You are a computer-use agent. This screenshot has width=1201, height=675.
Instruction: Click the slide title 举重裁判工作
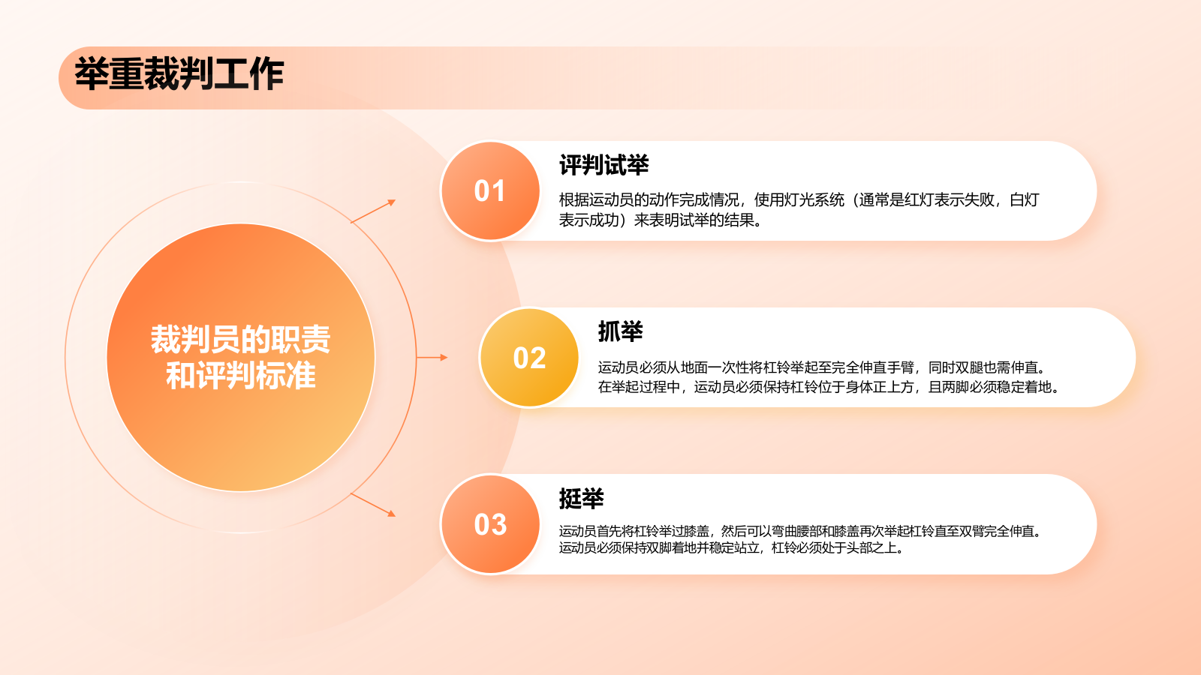[x=179, y=74]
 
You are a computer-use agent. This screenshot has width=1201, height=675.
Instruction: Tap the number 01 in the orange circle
[x=489, y=191]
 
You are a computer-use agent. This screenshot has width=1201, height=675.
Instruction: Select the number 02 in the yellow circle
[x=529, y=358]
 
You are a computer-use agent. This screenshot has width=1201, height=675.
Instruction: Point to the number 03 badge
[x=490, y=525]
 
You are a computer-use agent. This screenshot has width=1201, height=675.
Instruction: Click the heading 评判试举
[x=604, y=166]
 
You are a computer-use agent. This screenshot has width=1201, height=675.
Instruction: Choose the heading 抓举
[x=620, y=331]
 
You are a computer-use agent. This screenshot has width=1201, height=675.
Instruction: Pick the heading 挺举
[x=581, y=499]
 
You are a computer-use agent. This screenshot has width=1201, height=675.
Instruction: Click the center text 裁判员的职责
[x=240, y=339]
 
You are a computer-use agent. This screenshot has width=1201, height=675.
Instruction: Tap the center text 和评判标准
[x=240, y=376]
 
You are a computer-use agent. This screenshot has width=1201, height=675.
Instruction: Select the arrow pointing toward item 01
[x=373, y=211]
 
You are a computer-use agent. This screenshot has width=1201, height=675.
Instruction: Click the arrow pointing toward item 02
[x=432, y=358]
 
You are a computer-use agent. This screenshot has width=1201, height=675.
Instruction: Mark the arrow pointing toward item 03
[x=373, y=504]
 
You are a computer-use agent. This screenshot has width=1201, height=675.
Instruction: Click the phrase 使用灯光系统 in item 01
[x=799, y=200]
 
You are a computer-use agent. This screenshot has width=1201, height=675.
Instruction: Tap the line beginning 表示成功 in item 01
[x=661, y=220]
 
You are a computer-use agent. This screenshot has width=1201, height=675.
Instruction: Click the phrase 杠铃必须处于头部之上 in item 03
[x=837, y=548]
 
